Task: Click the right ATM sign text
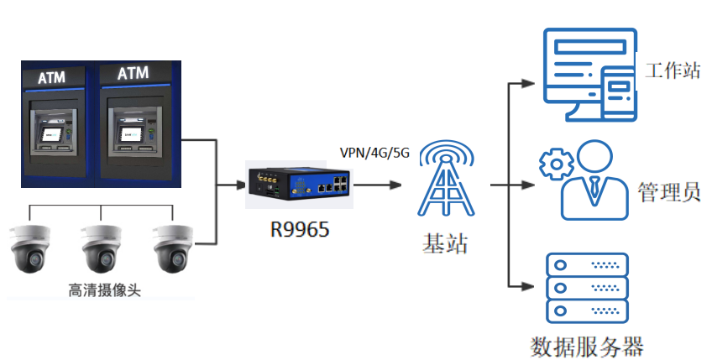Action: tap(133, 74)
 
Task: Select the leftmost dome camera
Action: tap(30, 248)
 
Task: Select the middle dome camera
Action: tap(102, 248)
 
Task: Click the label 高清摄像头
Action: tap(104, 290)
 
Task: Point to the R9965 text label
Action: tap(299, 227)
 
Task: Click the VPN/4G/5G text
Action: tap(374, 153)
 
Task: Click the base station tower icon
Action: tap(446, 181)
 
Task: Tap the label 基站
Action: tap(445, 244)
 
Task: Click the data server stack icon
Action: tap(587, 288)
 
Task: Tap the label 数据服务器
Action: tap(588, 346)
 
